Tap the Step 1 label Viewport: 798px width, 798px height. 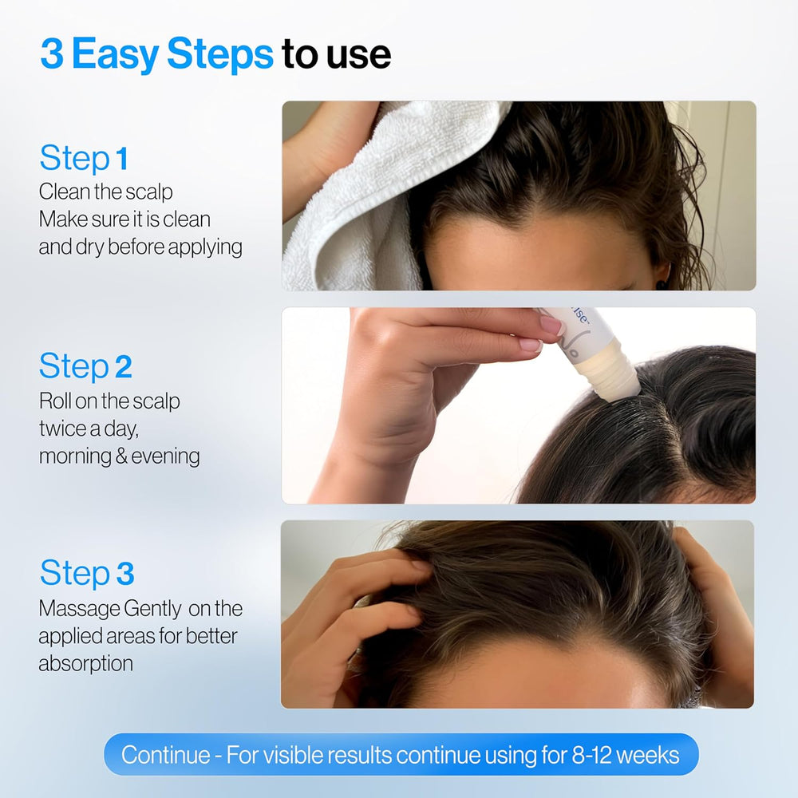point(83,159)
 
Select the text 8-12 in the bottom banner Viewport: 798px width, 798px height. point(591,755)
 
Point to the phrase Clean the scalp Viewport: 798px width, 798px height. point(105,192)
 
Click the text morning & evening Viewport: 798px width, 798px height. point(119,456)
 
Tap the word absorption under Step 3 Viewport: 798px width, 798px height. point(85,663)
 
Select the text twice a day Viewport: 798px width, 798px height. point(89,429)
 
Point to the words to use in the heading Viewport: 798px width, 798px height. point(336,54)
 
